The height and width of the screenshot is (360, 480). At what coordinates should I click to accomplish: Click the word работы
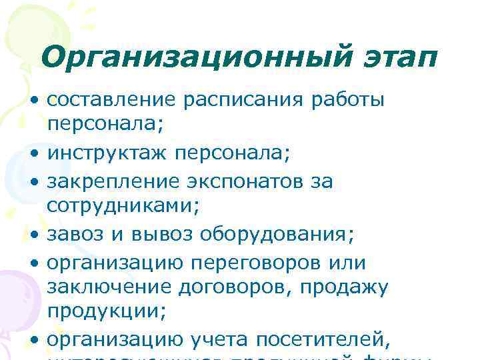tap(351, 101)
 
